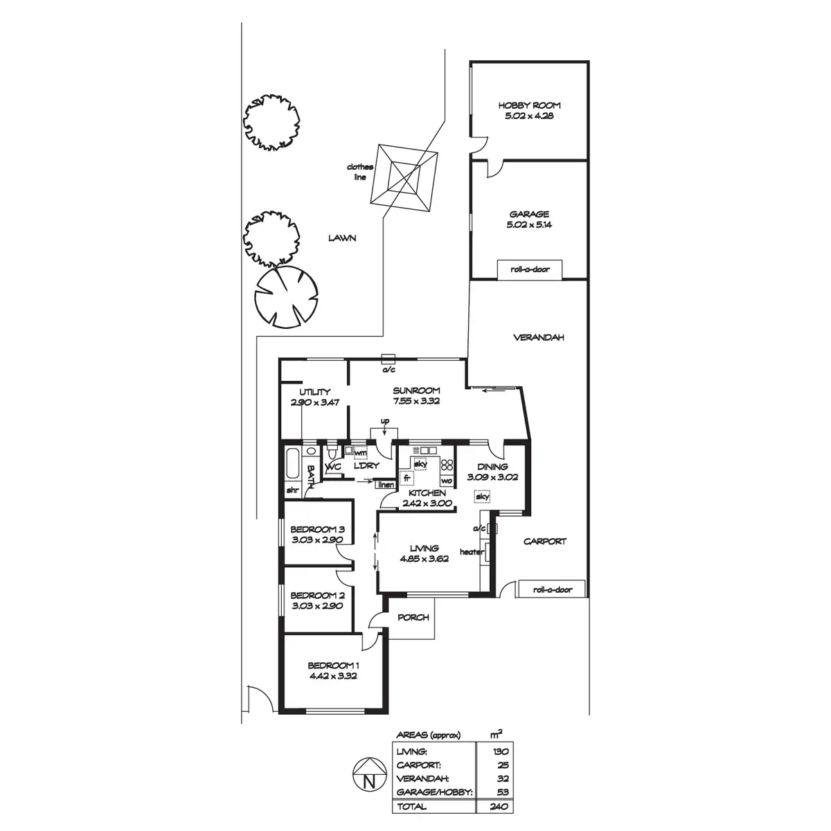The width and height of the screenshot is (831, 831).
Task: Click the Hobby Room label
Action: (x=530, y=106)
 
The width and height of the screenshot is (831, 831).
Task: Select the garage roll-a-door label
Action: (x=530, y=269)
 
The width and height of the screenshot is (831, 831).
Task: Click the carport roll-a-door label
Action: (x=553, y=590)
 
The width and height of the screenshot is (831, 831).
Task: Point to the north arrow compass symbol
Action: (x=369, y=774)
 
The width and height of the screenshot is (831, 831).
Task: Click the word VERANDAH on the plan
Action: (x=539, y=338)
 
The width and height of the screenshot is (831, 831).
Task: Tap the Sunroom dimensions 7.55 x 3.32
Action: (x=416, y=401)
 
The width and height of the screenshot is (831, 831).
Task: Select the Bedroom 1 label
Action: (x=332, y=665)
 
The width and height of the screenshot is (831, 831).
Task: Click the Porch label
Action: (x=413, y=617)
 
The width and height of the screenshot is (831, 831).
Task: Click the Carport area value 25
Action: (x=503, y=765)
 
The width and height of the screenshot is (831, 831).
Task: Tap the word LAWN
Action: (x=342, y=238)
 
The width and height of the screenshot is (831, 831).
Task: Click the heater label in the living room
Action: (x=471, y=552)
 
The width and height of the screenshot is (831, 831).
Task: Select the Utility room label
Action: (x=315, y=392)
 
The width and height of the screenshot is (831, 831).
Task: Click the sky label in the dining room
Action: (x=483, y=497)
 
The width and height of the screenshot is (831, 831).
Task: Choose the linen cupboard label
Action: (x=386, y=485)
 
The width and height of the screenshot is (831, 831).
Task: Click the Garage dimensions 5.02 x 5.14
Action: (x=530, y=225)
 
